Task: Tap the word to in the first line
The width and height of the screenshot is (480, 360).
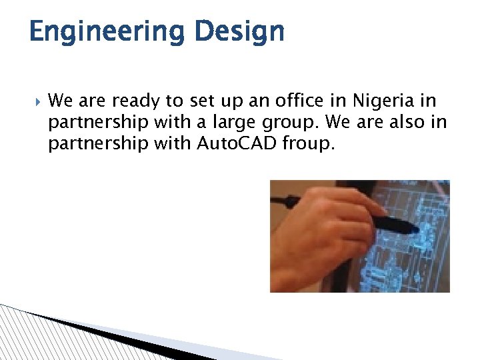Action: tap(173, 101)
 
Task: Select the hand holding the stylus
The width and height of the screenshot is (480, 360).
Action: tap(320, 233)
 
